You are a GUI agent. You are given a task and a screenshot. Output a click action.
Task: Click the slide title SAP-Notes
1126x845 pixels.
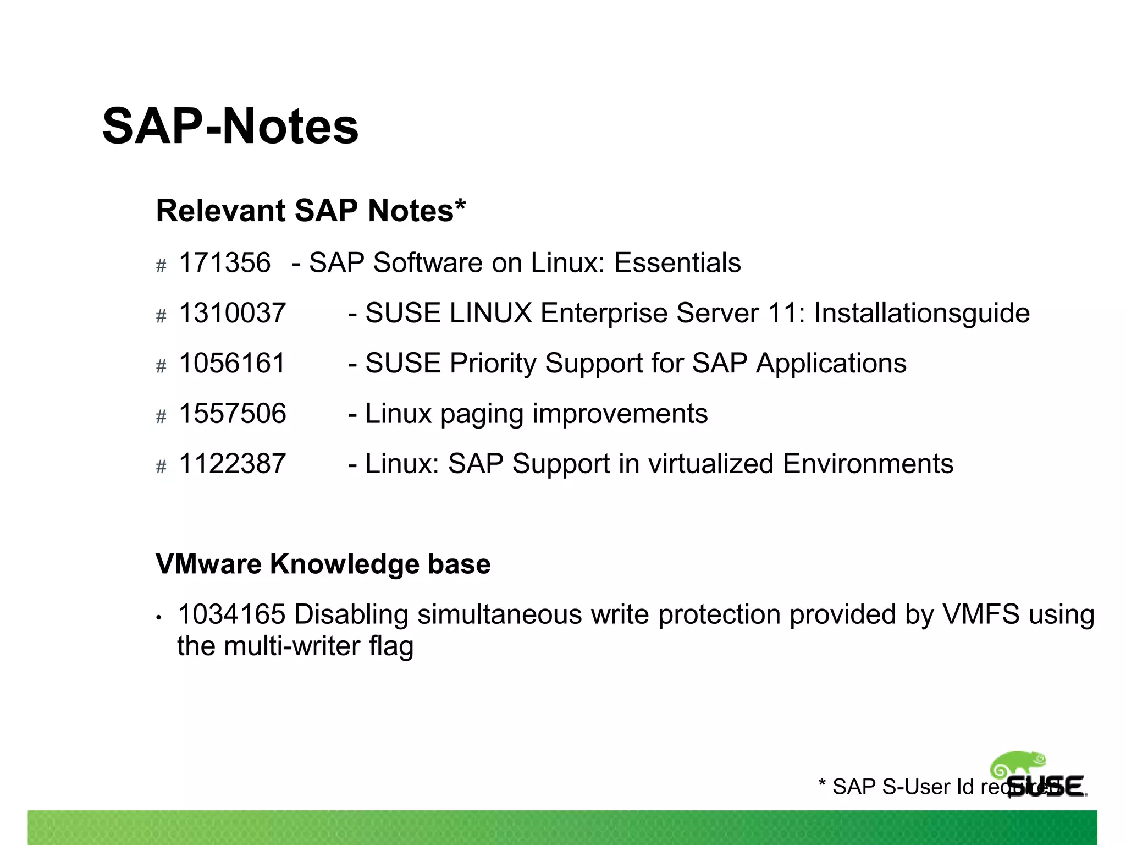[230, 127]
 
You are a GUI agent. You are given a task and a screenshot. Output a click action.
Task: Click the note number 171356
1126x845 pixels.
[224, 262]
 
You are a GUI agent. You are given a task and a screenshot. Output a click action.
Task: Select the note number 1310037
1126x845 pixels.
[232, 313]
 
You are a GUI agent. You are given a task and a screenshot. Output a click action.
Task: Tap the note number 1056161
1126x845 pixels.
[232, 363]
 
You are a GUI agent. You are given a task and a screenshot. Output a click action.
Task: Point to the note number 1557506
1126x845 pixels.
[232, 414]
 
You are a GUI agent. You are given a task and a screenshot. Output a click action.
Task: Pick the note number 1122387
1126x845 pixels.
[232, 464]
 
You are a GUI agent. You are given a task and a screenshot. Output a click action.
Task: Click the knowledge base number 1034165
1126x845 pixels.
[231, 614]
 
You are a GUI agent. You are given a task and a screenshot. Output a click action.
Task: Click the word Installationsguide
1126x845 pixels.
[921, 313]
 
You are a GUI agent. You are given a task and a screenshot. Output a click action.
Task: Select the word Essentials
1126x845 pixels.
[677, 262]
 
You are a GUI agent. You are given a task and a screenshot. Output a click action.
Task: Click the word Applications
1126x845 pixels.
[831, 363]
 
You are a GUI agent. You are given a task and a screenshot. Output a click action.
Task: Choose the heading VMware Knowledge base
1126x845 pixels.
[323, 564]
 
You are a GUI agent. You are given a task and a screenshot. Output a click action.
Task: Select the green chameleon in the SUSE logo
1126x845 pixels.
[1018, 765]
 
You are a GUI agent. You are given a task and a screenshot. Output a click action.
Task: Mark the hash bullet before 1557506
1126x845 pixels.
[161, 416]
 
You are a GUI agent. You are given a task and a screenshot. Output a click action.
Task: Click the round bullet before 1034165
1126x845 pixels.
[159, 618]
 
